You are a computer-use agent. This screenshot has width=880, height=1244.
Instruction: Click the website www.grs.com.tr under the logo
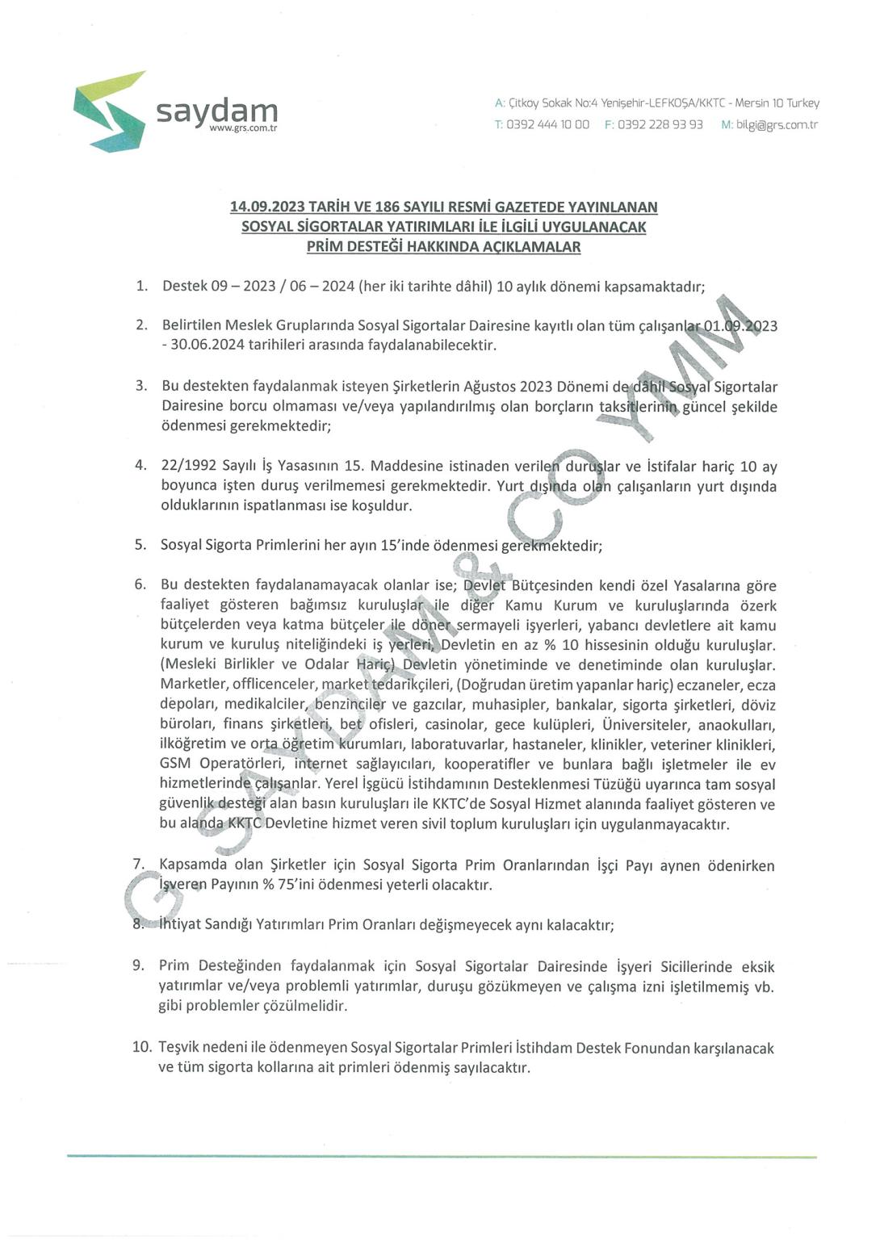tap(242, 129)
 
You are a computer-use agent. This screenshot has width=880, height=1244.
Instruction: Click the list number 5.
tap(140, 545)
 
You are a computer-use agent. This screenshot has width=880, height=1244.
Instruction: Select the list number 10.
tap(142, 1047)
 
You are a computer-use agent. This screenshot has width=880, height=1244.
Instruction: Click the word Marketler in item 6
tap(191, 685)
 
